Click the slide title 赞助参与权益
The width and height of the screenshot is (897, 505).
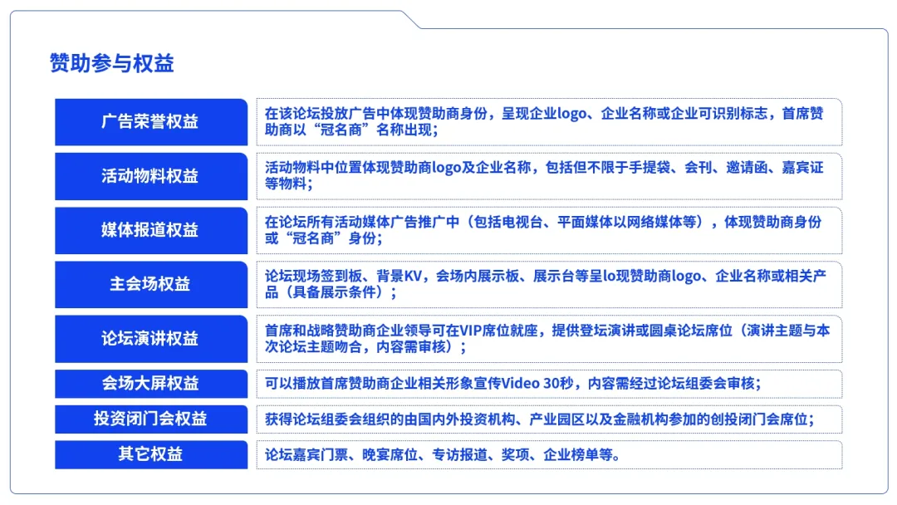(x=111, y=63)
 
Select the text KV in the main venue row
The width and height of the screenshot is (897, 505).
(x=413, y=277)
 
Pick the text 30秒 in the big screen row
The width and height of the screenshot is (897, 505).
(x=558, y=383)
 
